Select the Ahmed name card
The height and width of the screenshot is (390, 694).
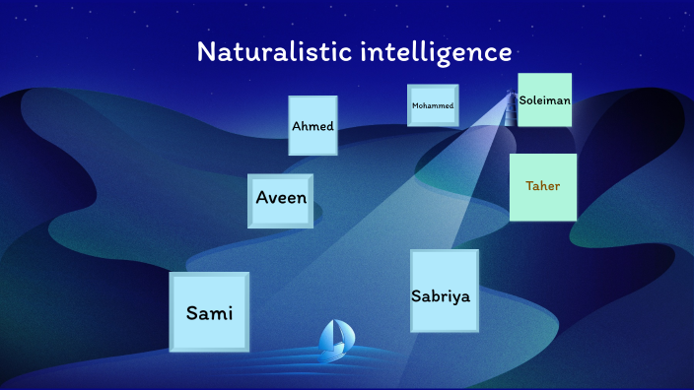click(312, 125)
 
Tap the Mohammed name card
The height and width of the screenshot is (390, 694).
click(433, 105)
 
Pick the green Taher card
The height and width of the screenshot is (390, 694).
click(543, 186)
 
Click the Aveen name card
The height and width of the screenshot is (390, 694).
click(281, 200)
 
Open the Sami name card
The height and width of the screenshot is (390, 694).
click(209, 312)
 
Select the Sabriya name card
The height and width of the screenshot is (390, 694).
click(444, 292)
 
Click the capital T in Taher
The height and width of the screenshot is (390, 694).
click(529, 185)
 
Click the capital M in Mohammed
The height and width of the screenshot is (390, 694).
click(415, 105)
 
